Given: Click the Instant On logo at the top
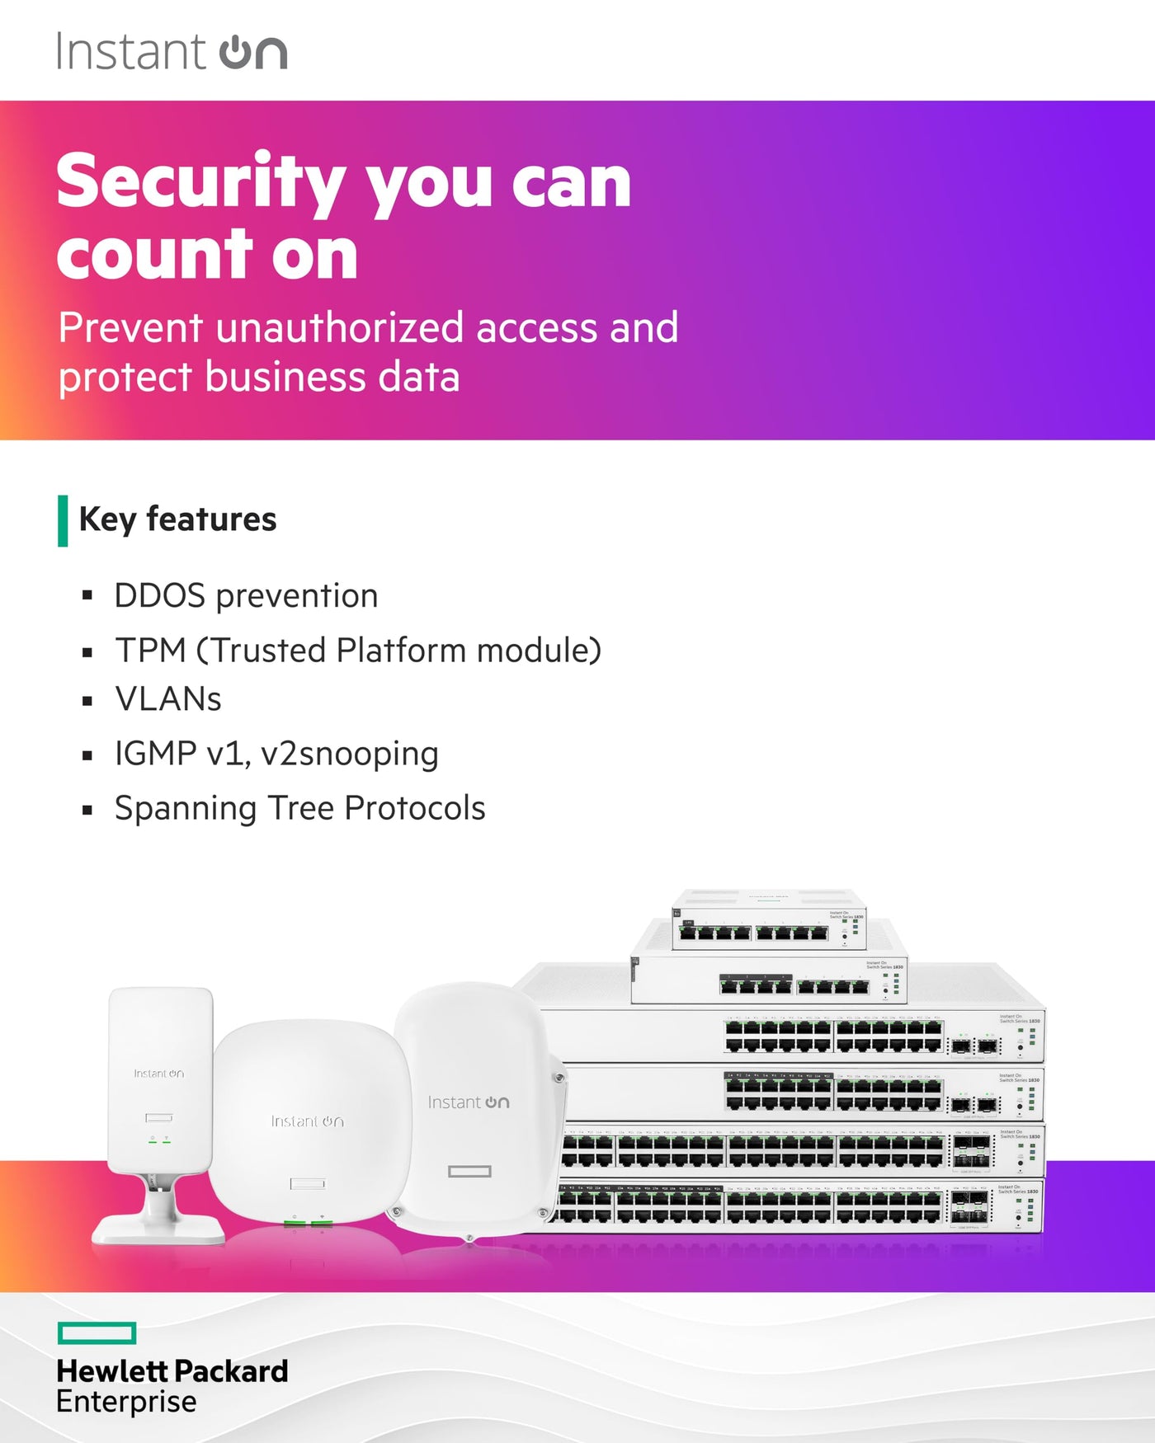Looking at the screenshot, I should pyautogui.click(x=172, y=51).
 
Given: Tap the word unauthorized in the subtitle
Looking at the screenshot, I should pyautogui.click(x=340, y=328).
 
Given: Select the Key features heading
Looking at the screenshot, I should pyautogui.click(x=177, y=519).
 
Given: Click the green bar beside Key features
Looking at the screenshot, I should pyautogui.click(x=63, y=520).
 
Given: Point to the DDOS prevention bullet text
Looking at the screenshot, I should pyautogui.click(x=246, y=595).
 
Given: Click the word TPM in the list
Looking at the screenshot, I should pyautogui.click(x=150, y=650).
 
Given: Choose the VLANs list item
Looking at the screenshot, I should pyautogui.click(x=168, y=699).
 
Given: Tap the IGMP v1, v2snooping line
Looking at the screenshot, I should pyautogui.click(x=276, y=754).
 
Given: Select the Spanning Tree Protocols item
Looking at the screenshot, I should pyautogui.click(x=299, y=808).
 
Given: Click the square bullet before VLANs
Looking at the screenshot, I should pyautogui.click(x=87, y=701).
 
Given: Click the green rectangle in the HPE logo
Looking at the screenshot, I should pyautogui.click(x=97, y=1333).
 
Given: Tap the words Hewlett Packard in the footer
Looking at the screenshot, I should pyautogui.click(x=172, y=1371).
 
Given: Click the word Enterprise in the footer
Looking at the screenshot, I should pyautogui.click(x=126, y=1402).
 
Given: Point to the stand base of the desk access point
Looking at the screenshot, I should pyautogui.click(x=158, y=1230).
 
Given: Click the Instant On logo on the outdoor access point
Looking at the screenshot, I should pyautogui.click(x=468, y=1102).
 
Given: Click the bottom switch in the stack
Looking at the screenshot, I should pyautogui.click(x=792, y=1206).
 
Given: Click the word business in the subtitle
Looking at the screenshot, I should pyautogui.click(x=284, y=378).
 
